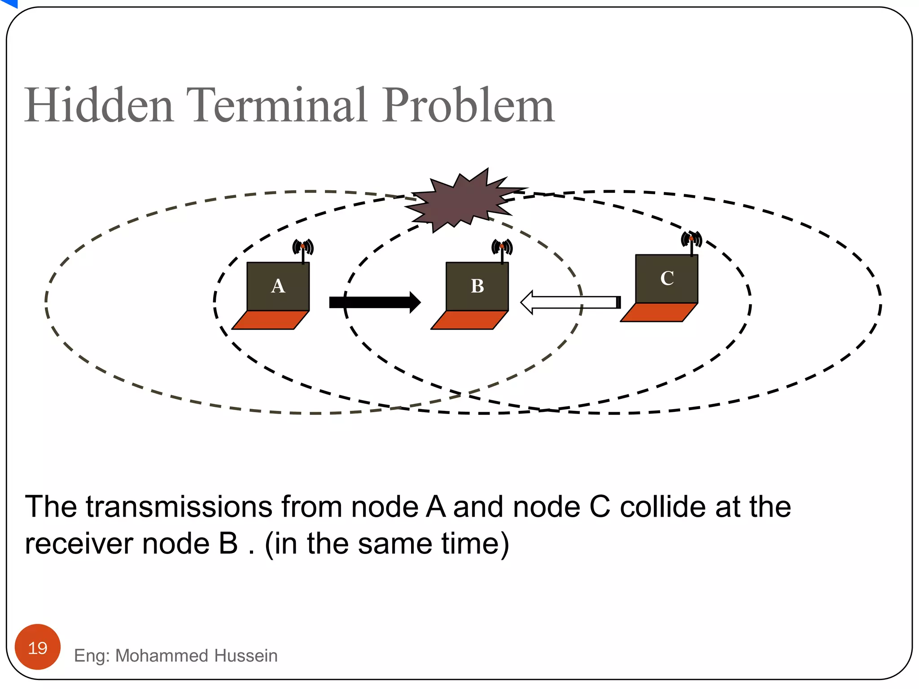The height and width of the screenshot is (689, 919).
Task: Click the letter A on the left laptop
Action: tap(278, 286)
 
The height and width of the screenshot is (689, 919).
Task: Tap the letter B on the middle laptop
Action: tap(477, 286)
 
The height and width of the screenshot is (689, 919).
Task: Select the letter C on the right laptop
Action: tap(667, 278)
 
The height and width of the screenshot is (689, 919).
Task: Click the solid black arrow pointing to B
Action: tap(375, 302)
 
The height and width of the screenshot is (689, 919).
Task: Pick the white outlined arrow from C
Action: tap(570, 302)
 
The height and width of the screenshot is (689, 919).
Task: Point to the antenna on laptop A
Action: tap(303, 249)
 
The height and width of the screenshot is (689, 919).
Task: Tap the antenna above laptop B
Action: tap(502, 249)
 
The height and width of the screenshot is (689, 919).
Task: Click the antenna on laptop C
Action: tap(691, 242)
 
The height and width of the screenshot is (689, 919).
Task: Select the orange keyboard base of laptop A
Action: tap(270, 320)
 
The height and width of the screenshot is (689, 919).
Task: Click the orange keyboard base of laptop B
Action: tap(469, 320)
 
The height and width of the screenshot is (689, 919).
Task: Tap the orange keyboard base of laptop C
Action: tap(659, 312)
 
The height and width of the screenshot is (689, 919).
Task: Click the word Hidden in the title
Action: tap(99, 105)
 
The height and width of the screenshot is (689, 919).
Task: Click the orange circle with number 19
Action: tap(38, 647)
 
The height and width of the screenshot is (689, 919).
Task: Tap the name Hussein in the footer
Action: tap(246, 656)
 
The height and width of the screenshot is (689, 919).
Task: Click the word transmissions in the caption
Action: tap(179, 507)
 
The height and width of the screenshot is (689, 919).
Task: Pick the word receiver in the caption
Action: tap(79, 544)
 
